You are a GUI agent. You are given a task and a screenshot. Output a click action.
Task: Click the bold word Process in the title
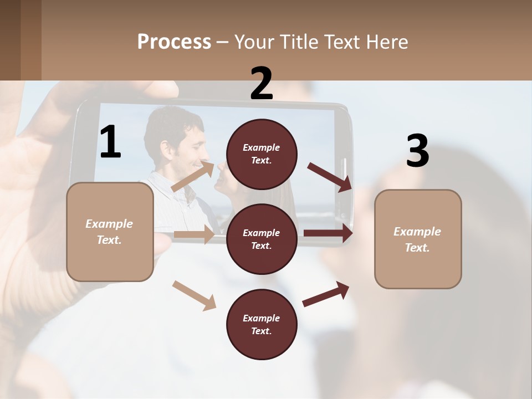[174, 42]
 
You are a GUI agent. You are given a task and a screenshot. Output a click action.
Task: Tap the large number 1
[110, 142]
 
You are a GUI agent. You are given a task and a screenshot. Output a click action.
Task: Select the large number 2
[262, 84]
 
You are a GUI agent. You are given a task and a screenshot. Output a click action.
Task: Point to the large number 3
[417, 151]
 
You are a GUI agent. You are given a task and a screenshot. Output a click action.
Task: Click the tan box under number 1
[110, 232]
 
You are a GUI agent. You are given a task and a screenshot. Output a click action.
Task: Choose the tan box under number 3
[418, 239]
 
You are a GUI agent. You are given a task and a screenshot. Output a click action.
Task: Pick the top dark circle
[262, 154]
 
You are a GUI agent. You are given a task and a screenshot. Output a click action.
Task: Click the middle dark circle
[262, 239]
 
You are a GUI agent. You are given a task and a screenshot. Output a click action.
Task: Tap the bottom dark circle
[262, 324]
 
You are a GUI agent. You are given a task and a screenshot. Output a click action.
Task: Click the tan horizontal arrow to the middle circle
[194, 234]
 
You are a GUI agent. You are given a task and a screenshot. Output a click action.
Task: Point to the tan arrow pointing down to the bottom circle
[194, 295]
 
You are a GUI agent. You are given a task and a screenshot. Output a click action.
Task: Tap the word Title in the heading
[299, 42]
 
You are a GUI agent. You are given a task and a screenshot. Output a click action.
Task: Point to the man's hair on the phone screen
[166, 125]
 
